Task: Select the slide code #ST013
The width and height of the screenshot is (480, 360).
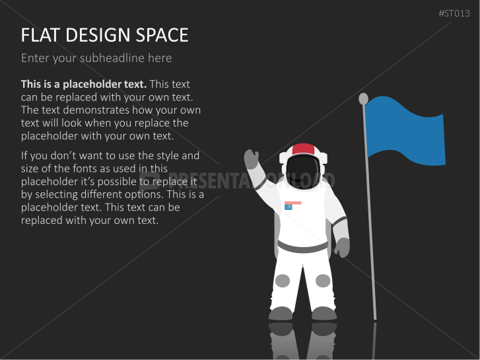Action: [x=454, y=13]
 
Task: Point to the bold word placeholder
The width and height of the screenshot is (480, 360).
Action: [x=105, y=85]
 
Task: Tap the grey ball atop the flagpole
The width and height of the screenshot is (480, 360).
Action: [x=363, y=98]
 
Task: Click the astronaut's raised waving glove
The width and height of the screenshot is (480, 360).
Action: [x=252, y=159]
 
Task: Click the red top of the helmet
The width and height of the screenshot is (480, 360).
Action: [x=303, y=149]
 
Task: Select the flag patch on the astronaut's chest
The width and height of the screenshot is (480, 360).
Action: [x=292, y=205]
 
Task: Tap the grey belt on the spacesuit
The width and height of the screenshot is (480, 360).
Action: [x=303, y=246]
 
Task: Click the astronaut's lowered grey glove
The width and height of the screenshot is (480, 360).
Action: [x=343, y=247]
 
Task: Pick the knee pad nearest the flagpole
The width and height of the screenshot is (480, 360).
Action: [x=323, y=281]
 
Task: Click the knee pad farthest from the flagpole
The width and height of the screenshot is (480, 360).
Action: [x=282, y=281]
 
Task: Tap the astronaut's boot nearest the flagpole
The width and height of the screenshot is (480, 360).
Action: [x=324, y=313]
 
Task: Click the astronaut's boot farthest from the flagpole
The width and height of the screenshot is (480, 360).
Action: [x=281, y=313]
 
